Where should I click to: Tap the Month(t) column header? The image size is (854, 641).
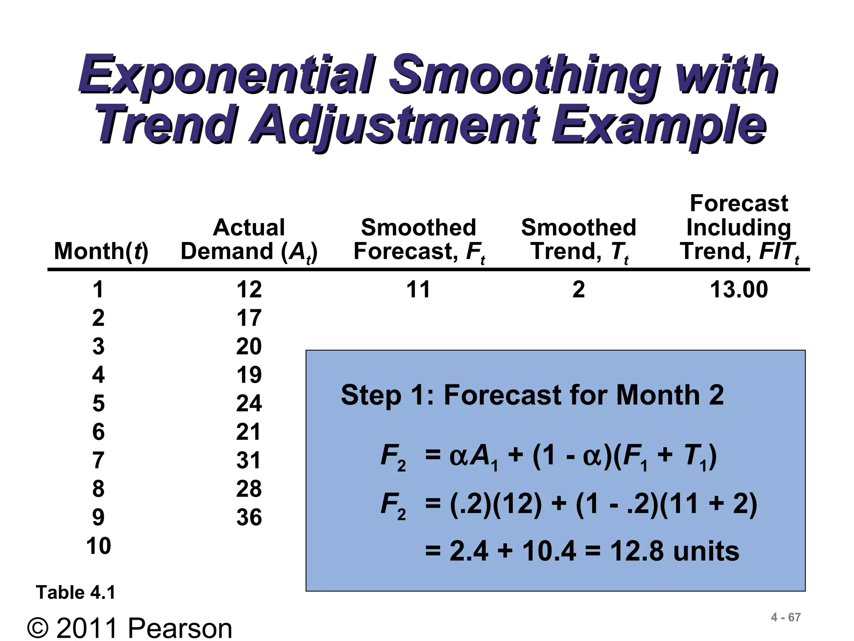click(101, 251)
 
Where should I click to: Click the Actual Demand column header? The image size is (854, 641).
click(249, 240)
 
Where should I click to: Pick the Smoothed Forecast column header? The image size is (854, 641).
click(418, 240)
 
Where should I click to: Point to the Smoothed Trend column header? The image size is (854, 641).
click(578, 240)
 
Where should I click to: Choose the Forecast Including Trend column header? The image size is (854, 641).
click(738, 228)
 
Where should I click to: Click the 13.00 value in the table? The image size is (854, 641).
click(738, 289)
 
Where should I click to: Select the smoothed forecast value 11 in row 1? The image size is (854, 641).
click(418, 289)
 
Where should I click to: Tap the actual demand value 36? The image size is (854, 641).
click(249, 517)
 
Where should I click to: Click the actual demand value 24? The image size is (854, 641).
click(249, 403)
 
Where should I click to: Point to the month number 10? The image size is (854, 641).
click(98, 545)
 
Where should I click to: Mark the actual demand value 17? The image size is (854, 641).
click(249, 318)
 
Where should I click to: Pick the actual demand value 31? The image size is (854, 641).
click(249, 460)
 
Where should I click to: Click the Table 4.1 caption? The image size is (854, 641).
click(75, 592)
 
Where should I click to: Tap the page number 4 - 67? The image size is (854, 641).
click(786, 617)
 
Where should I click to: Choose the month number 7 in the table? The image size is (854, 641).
click(98, 460)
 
